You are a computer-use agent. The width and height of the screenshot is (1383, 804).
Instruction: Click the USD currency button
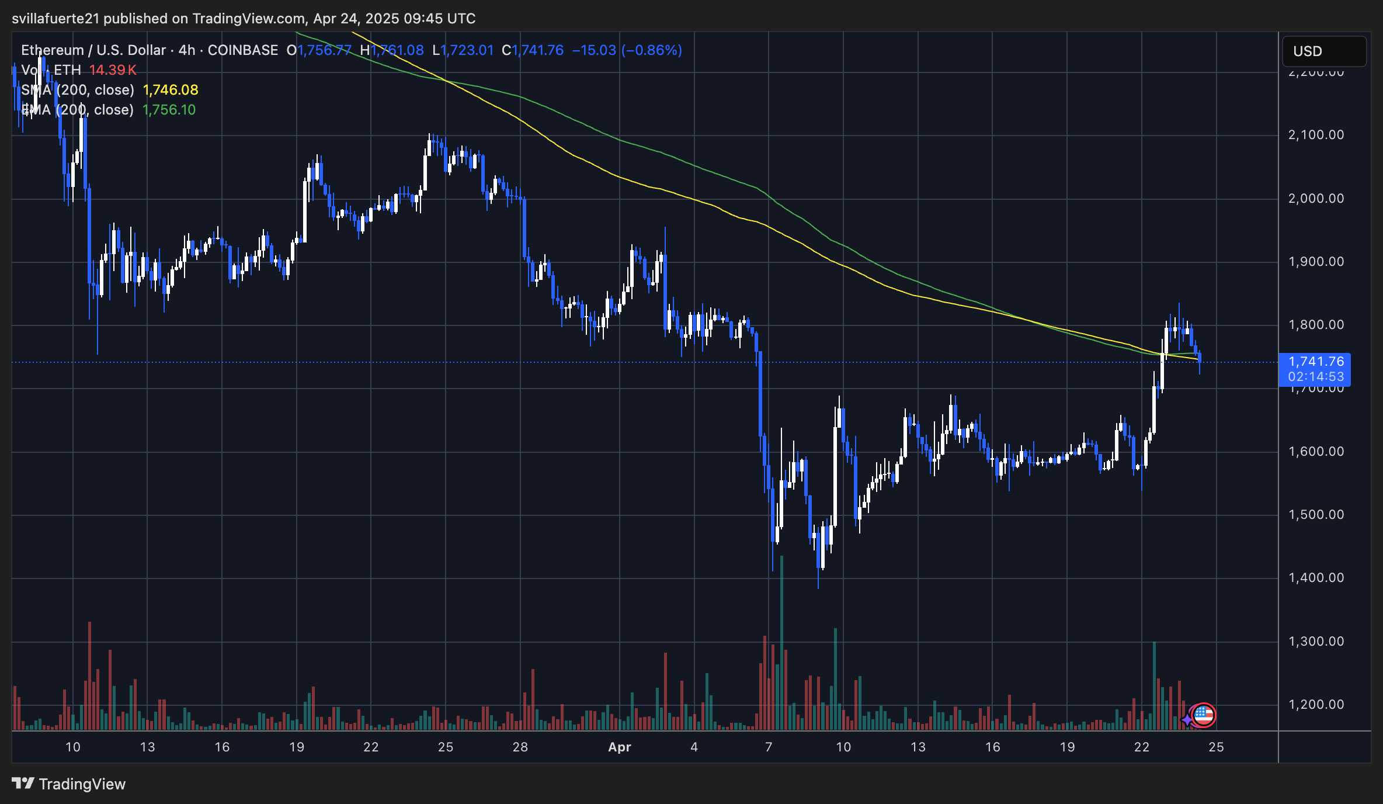1323,51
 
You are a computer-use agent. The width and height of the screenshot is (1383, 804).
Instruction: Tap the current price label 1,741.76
1315,362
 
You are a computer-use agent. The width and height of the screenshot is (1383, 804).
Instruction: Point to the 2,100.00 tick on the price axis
1315,135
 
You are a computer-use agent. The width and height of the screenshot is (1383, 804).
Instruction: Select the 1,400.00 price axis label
1315,578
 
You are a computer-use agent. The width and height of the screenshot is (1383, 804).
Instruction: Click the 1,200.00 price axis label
1315,705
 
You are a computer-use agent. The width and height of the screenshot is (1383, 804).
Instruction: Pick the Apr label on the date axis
619,747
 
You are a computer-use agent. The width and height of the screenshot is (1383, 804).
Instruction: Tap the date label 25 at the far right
1216,747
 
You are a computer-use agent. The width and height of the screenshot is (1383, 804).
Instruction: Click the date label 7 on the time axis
769,747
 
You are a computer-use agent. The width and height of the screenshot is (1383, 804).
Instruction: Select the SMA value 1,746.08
171,90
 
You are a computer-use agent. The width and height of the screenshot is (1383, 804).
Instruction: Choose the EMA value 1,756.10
169,110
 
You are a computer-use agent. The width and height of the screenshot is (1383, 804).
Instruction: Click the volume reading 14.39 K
113,70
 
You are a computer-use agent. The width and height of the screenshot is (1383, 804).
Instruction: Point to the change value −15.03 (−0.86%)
627,50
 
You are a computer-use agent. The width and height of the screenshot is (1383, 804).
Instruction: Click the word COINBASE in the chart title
243,50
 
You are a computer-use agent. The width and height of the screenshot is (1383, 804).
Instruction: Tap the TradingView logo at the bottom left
69,784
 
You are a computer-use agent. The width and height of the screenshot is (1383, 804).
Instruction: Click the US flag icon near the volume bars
1204,715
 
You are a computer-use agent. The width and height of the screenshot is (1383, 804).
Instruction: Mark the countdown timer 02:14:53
1315,377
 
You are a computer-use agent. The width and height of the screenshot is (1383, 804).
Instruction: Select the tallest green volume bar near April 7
781,643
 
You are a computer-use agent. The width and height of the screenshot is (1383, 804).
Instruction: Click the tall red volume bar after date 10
89,675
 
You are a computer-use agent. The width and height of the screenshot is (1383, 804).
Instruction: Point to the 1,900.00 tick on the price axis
1315,262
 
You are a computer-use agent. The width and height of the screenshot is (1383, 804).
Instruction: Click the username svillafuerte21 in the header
56,19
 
